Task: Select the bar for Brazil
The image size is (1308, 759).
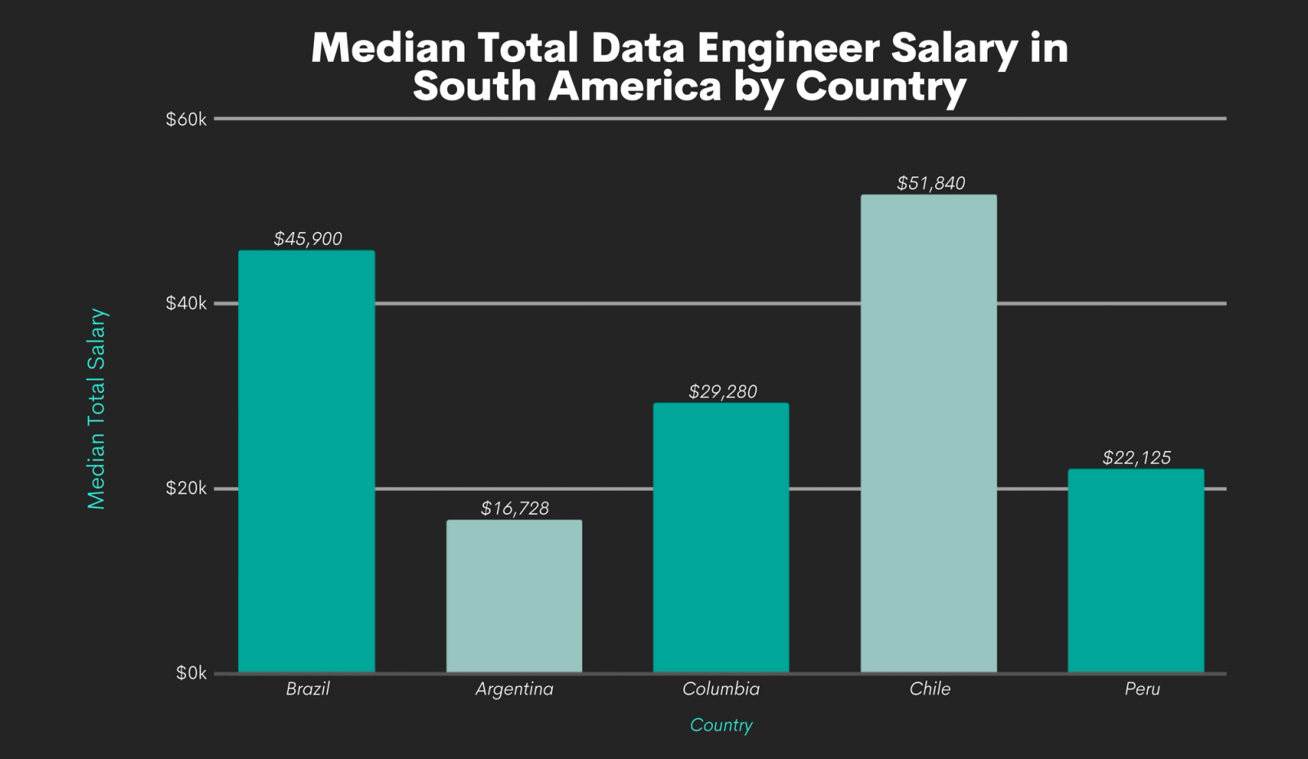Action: (307, 462)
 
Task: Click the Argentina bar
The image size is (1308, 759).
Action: (514, 596)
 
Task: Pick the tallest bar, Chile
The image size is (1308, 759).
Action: (929, 433)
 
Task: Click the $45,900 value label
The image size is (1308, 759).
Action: (307, 239)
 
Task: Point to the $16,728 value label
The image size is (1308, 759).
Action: (514, 508)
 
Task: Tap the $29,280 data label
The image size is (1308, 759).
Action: (722, 391)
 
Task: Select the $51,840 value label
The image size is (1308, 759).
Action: (930, 183)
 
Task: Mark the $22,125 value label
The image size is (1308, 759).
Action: (1136, 458)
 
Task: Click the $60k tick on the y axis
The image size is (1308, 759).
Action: (186, 119)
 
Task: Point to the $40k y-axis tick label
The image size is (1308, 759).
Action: (186, 304)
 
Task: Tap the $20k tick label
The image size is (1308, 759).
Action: (186, 489)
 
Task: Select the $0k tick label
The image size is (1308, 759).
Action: (190, 673)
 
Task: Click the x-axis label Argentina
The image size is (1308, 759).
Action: (514, 689)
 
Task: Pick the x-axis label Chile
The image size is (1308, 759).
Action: (929, 689)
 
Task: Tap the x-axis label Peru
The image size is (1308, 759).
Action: (1141, 689)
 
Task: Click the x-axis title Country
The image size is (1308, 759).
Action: (721, 725)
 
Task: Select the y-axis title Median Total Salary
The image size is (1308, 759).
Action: (96, 409)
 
